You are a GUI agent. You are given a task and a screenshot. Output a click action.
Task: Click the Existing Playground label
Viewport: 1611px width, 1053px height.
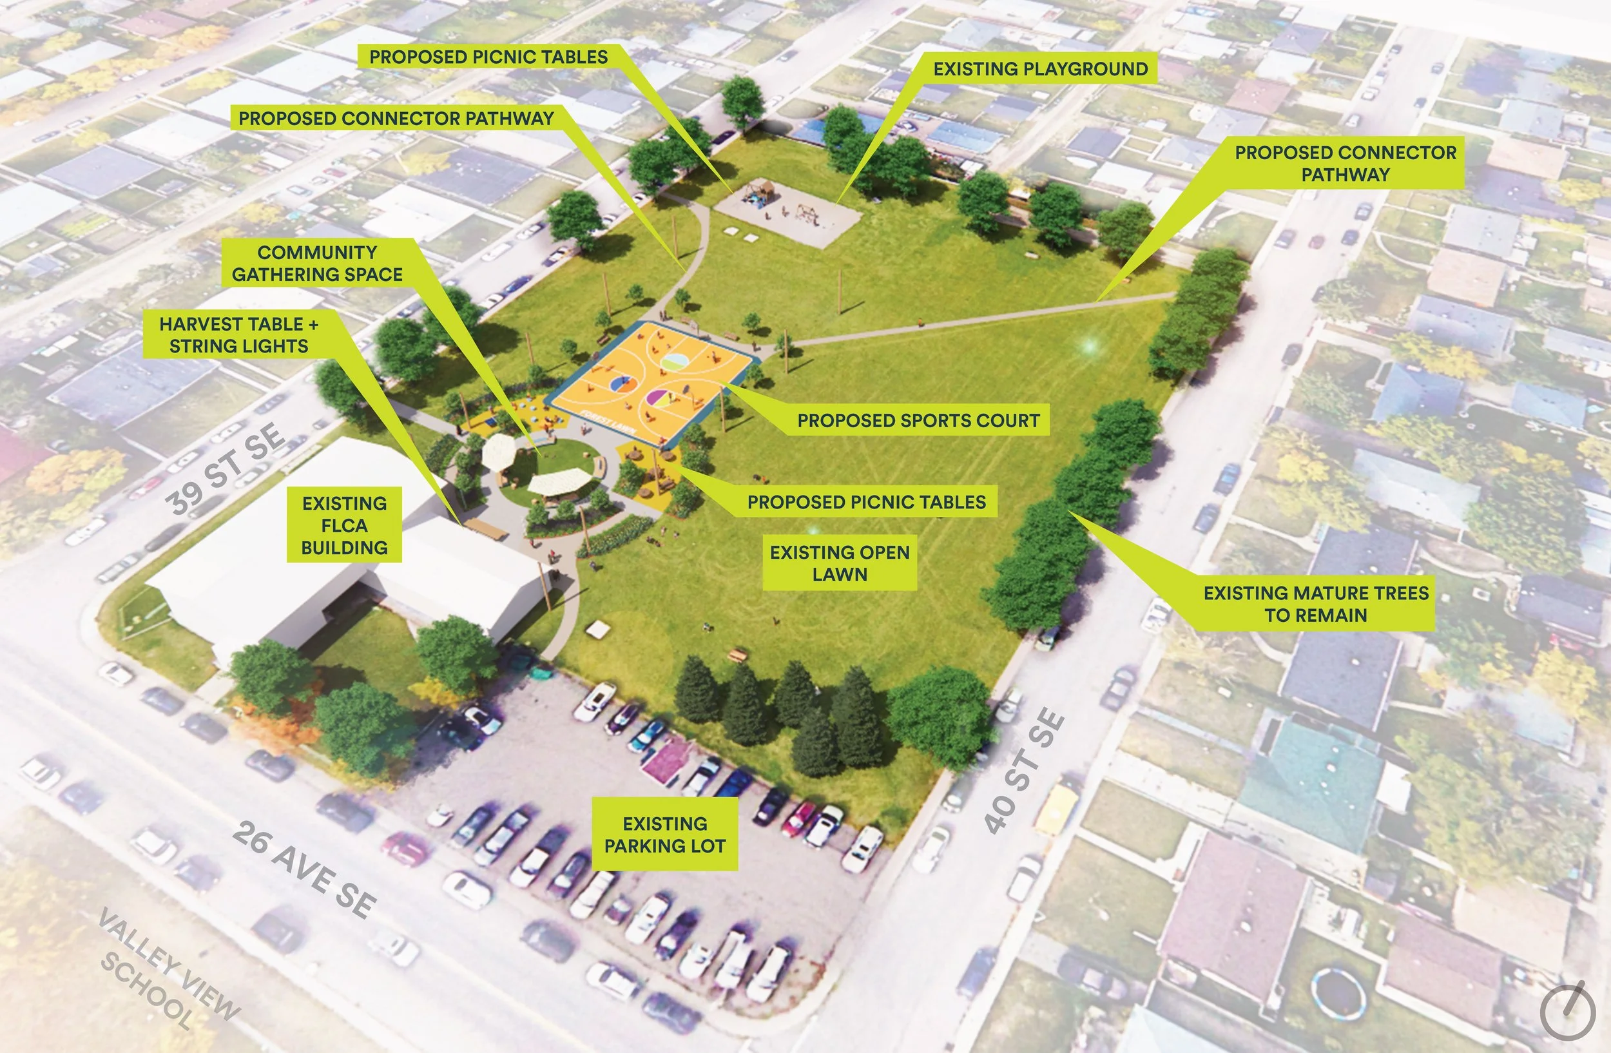click(x=1040, y=68)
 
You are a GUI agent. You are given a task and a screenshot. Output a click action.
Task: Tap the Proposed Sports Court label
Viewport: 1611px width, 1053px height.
click(x=918, y=420)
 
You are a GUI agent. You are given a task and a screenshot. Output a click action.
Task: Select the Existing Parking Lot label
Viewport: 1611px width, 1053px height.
click(x=665, y=834)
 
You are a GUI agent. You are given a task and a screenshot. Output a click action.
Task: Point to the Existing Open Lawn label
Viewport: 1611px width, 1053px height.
click(x=840, y=563)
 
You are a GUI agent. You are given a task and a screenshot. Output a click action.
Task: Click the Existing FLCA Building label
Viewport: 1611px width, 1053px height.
click(x=345, y=525)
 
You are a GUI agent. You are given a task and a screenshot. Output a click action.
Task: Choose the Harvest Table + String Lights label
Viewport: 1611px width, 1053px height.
click(x=238, y=335)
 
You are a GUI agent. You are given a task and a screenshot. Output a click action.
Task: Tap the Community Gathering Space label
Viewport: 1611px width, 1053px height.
click(x=317, y=263)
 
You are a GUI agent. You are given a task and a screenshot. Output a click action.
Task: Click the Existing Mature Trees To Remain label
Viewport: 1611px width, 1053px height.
click(x=1315, y=604)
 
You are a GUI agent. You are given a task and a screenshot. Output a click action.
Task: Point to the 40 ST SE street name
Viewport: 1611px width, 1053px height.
click(x=1023, y=771)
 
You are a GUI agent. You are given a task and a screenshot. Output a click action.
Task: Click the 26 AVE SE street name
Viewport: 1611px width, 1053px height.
click(x=305, y=869)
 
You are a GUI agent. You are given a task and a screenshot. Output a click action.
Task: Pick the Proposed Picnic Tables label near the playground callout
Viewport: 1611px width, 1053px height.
click(x=488, y=57)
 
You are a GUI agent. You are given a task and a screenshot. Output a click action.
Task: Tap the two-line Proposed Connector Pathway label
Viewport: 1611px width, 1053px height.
click(x=1345, y=163)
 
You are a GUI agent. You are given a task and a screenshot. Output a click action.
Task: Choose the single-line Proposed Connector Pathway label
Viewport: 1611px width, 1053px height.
click(x=396, y=119)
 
